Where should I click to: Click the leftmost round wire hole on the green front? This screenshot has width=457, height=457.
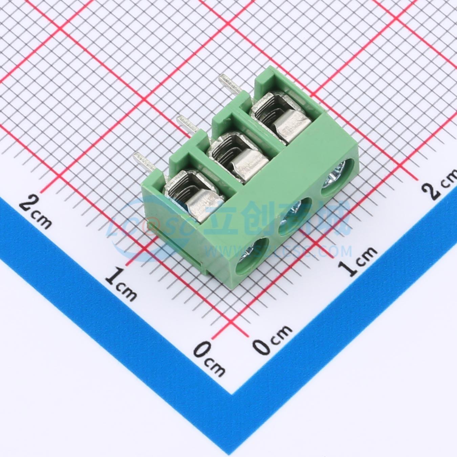[252, 256]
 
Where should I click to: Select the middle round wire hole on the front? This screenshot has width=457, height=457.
[295, 217]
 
